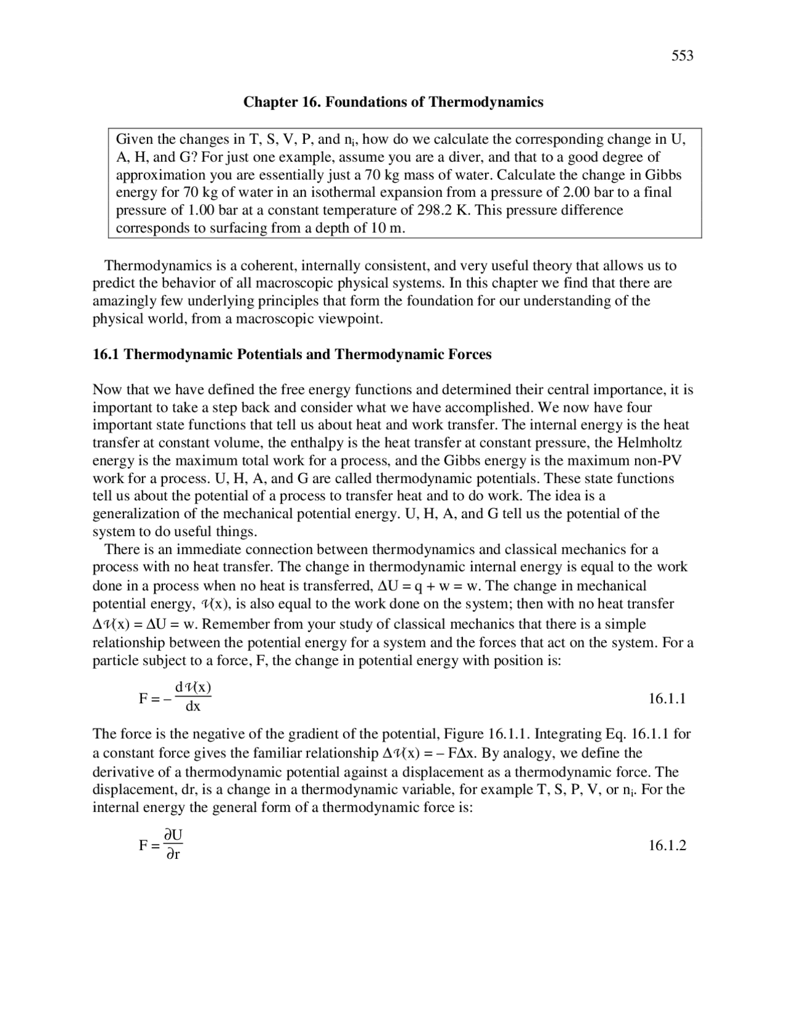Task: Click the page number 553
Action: click(x=682, y=56)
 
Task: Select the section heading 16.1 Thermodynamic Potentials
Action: click(x=292, y=355)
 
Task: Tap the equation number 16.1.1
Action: click(x=667, y=699)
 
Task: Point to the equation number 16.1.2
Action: click(x=667, y=846)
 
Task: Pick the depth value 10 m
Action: click(x=386, y=228)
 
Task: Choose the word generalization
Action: click(x=132, y=514)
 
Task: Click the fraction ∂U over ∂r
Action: click(x=174, y=845)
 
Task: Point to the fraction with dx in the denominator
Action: click(x=193, y=697)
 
